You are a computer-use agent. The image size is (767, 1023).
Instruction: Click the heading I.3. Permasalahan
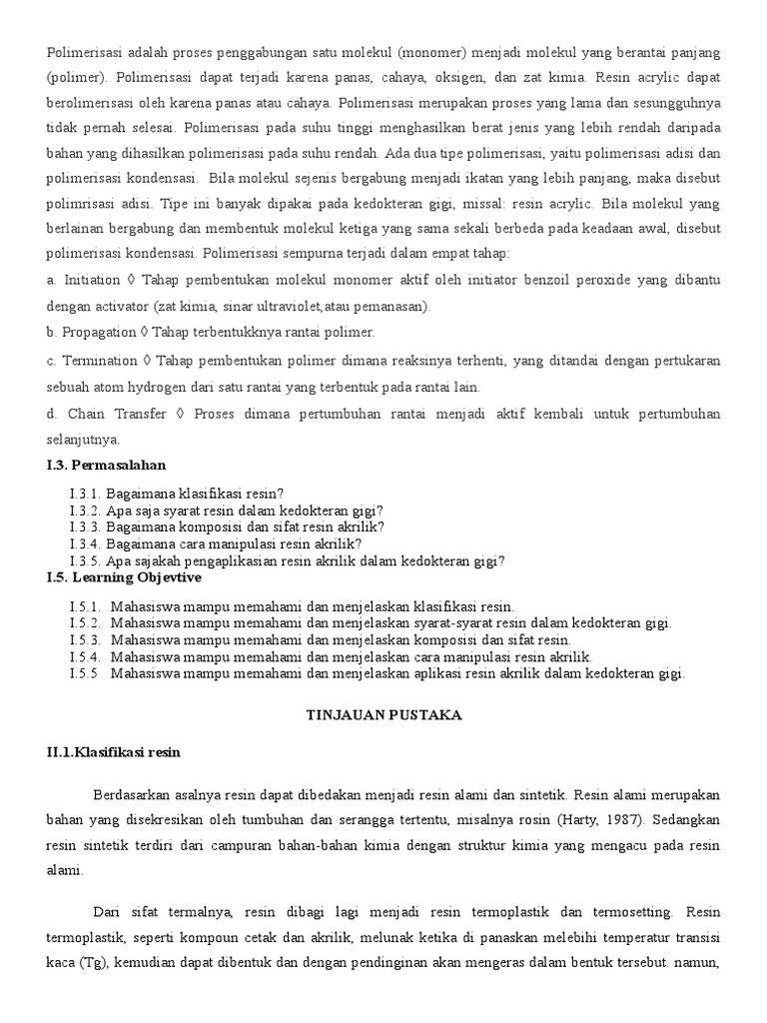tap(106, 465)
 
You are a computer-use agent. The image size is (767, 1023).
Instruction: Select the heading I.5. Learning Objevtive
tap(123, 577)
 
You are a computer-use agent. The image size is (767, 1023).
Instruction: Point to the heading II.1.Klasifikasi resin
tap(113, 752)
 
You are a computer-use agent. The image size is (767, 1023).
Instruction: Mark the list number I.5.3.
tap(86, 639)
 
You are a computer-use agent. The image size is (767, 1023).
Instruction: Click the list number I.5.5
tap(86, 673)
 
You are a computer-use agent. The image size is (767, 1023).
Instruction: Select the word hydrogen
tap(160, 387)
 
